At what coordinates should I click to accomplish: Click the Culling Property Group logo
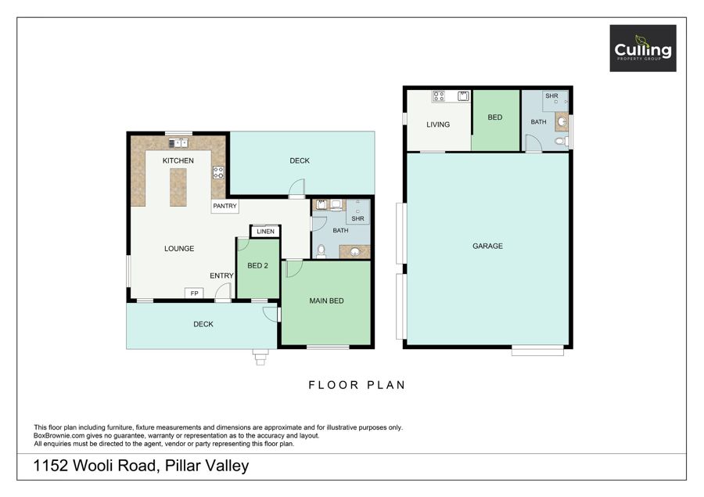click(x=642, y=48)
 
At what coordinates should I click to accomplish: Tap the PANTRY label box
click(x=224, y=206)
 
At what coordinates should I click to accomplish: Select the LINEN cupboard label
click(x=265, y=232)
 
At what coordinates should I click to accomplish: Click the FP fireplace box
click(x=194, y=294)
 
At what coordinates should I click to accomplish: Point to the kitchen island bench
click(x=178, y=187)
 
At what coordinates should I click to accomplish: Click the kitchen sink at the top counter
click(x=178, y=143)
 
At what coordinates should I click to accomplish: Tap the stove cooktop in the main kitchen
click(x=218, y=172)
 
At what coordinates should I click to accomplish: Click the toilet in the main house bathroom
click(x=321, y=252)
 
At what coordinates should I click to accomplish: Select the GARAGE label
click(x=487, y=246)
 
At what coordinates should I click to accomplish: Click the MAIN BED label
click(x=326, y=301)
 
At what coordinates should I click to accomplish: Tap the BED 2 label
click(x=257, y=265)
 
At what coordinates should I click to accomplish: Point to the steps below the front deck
click(x=260, y=357)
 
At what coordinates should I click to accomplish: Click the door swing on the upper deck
click(x=296, y=189)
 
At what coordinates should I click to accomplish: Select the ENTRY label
click(x=222, y=276)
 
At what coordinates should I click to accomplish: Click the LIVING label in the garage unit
click(x=438, y=124)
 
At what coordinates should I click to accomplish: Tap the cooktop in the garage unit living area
click(x=439, y=95)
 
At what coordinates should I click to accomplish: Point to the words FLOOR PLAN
click(x=357, y=385)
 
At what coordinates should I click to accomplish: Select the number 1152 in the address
click(x=51, y=466)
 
